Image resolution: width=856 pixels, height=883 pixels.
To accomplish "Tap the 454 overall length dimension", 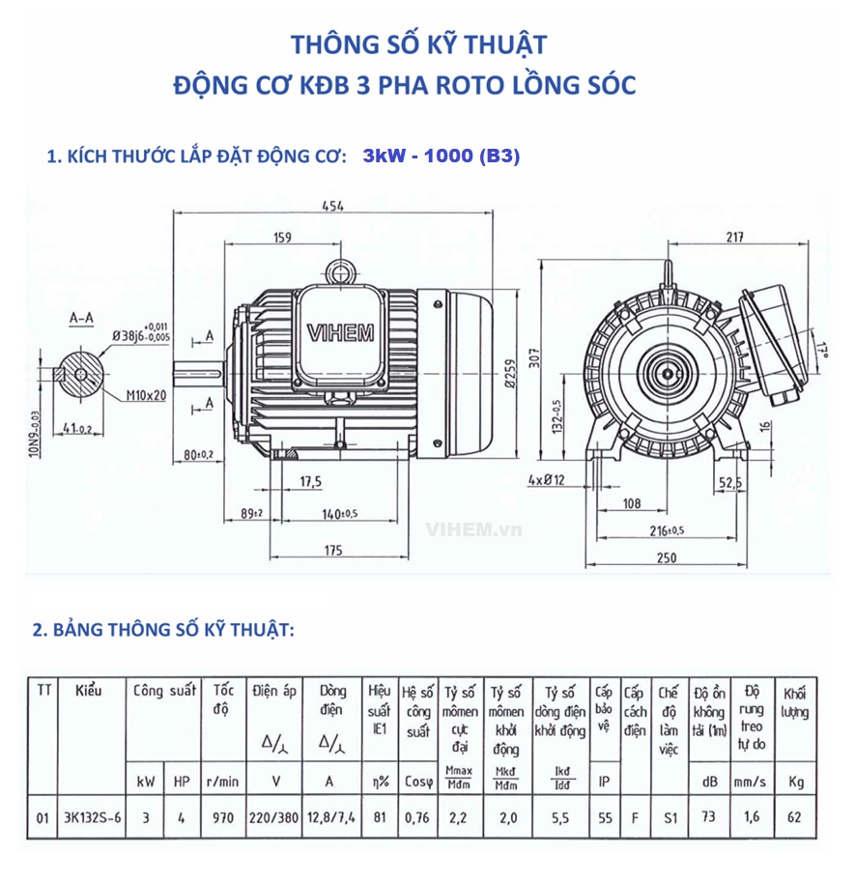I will (x=332, y=205).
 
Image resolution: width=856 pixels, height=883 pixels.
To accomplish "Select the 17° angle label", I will (x=822, y=347).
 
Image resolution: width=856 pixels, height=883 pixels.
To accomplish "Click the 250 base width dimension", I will (x=667, y=557).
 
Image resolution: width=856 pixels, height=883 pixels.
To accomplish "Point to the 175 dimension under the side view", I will (x=332, y=551).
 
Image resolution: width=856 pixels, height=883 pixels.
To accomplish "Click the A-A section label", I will (x=82, y=316).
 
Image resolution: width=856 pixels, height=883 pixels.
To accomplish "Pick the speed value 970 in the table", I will (x=223, y=816).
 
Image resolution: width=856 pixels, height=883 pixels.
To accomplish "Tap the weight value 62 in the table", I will (x=794, y=816).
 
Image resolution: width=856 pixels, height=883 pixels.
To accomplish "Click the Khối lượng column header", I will (x=794, y=702).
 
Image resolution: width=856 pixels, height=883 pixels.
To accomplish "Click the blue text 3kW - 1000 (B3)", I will (x=442, y=157).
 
